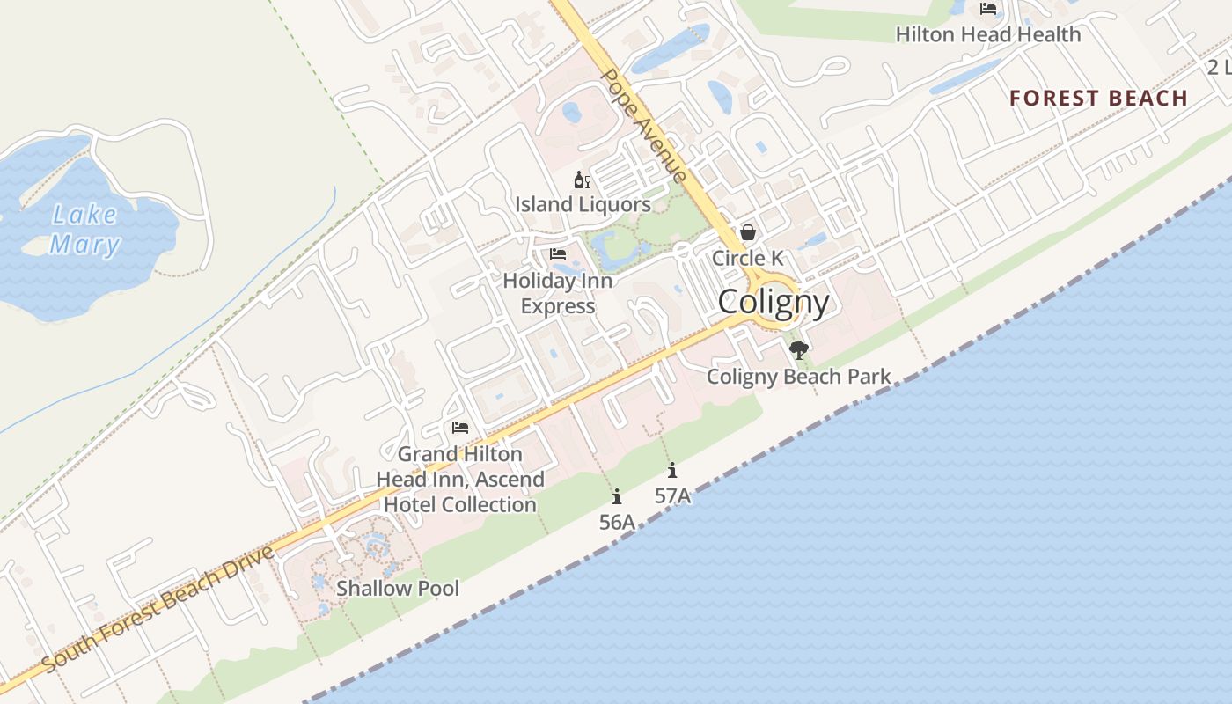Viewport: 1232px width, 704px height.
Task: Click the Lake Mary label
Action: pos(84,229)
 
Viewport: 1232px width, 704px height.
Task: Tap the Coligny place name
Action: pos(774,303)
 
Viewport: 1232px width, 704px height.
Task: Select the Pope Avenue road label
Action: pos(643,126)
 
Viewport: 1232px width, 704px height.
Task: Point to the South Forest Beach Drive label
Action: pos(158,609)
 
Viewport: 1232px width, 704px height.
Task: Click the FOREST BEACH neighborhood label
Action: pos(1098,98)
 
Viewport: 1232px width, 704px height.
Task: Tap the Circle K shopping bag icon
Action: pos(748,232)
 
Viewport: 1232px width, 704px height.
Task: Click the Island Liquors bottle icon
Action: pos(582,180)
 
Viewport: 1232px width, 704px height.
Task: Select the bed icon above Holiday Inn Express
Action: pos(558,254)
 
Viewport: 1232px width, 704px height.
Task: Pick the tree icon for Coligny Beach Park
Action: pos(799,351)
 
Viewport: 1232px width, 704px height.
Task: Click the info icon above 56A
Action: pos(617,496)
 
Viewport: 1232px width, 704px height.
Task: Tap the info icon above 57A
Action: pos(672,470)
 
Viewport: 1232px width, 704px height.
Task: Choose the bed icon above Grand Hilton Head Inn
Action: pos(460,429)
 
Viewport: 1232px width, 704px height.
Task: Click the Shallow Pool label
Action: pos(398,588)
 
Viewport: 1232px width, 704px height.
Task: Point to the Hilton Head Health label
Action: pos(988,34)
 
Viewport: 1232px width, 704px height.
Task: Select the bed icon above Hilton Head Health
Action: pos(988,9)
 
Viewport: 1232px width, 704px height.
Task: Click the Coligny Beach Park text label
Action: pos(799,377)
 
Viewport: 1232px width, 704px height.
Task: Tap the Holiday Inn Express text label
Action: pos(558,294)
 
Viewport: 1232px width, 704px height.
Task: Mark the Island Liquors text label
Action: pos(583,204)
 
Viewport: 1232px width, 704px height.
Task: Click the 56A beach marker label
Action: pos(617,522)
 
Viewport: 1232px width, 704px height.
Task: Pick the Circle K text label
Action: pos(747,258)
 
